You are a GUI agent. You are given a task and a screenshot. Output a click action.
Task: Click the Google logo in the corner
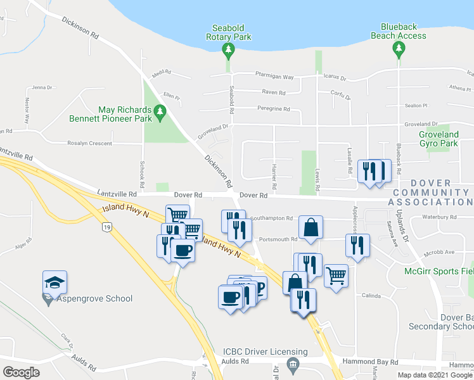point(22,372)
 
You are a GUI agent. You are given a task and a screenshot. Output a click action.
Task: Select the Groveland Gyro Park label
point(439,139)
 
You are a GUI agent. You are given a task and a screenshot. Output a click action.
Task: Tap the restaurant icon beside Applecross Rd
point(358,246)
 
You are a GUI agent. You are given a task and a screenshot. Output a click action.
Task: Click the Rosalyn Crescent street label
point(89,143)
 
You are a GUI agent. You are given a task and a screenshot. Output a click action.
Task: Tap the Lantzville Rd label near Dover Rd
point(117,194)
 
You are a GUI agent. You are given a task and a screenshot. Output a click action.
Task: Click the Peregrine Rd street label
point(273,108)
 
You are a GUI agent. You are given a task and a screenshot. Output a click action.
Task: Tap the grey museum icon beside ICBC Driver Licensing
point(292,364)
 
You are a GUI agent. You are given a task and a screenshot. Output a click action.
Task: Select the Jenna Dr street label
point(40,87)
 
